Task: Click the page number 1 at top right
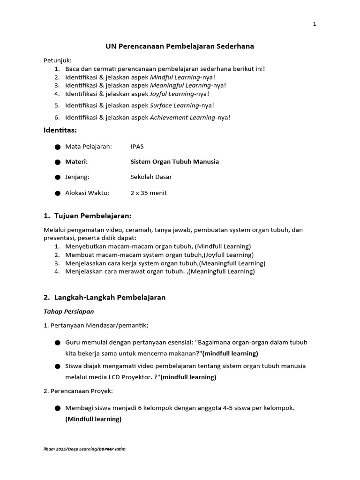point(315,24)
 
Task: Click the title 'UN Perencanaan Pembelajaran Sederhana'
point(180,46)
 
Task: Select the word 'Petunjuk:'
point(58,60)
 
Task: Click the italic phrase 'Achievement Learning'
point(182,117)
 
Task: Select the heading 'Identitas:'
point(60,130)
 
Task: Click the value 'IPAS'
point(137,146)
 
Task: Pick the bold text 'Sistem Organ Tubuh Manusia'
point(174,162)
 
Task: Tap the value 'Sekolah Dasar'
point(151,177)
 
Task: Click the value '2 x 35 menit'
point(148,193)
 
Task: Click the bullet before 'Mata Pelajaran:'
point(58,147)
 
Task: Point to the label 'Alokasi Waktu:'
point(87,193)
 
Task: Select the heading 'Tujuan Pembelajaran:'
point(93,216)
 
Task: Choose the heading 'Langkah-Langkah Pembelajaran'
point(110,298)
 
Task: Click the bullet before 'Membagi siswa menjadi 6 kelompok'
point(58,408)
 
